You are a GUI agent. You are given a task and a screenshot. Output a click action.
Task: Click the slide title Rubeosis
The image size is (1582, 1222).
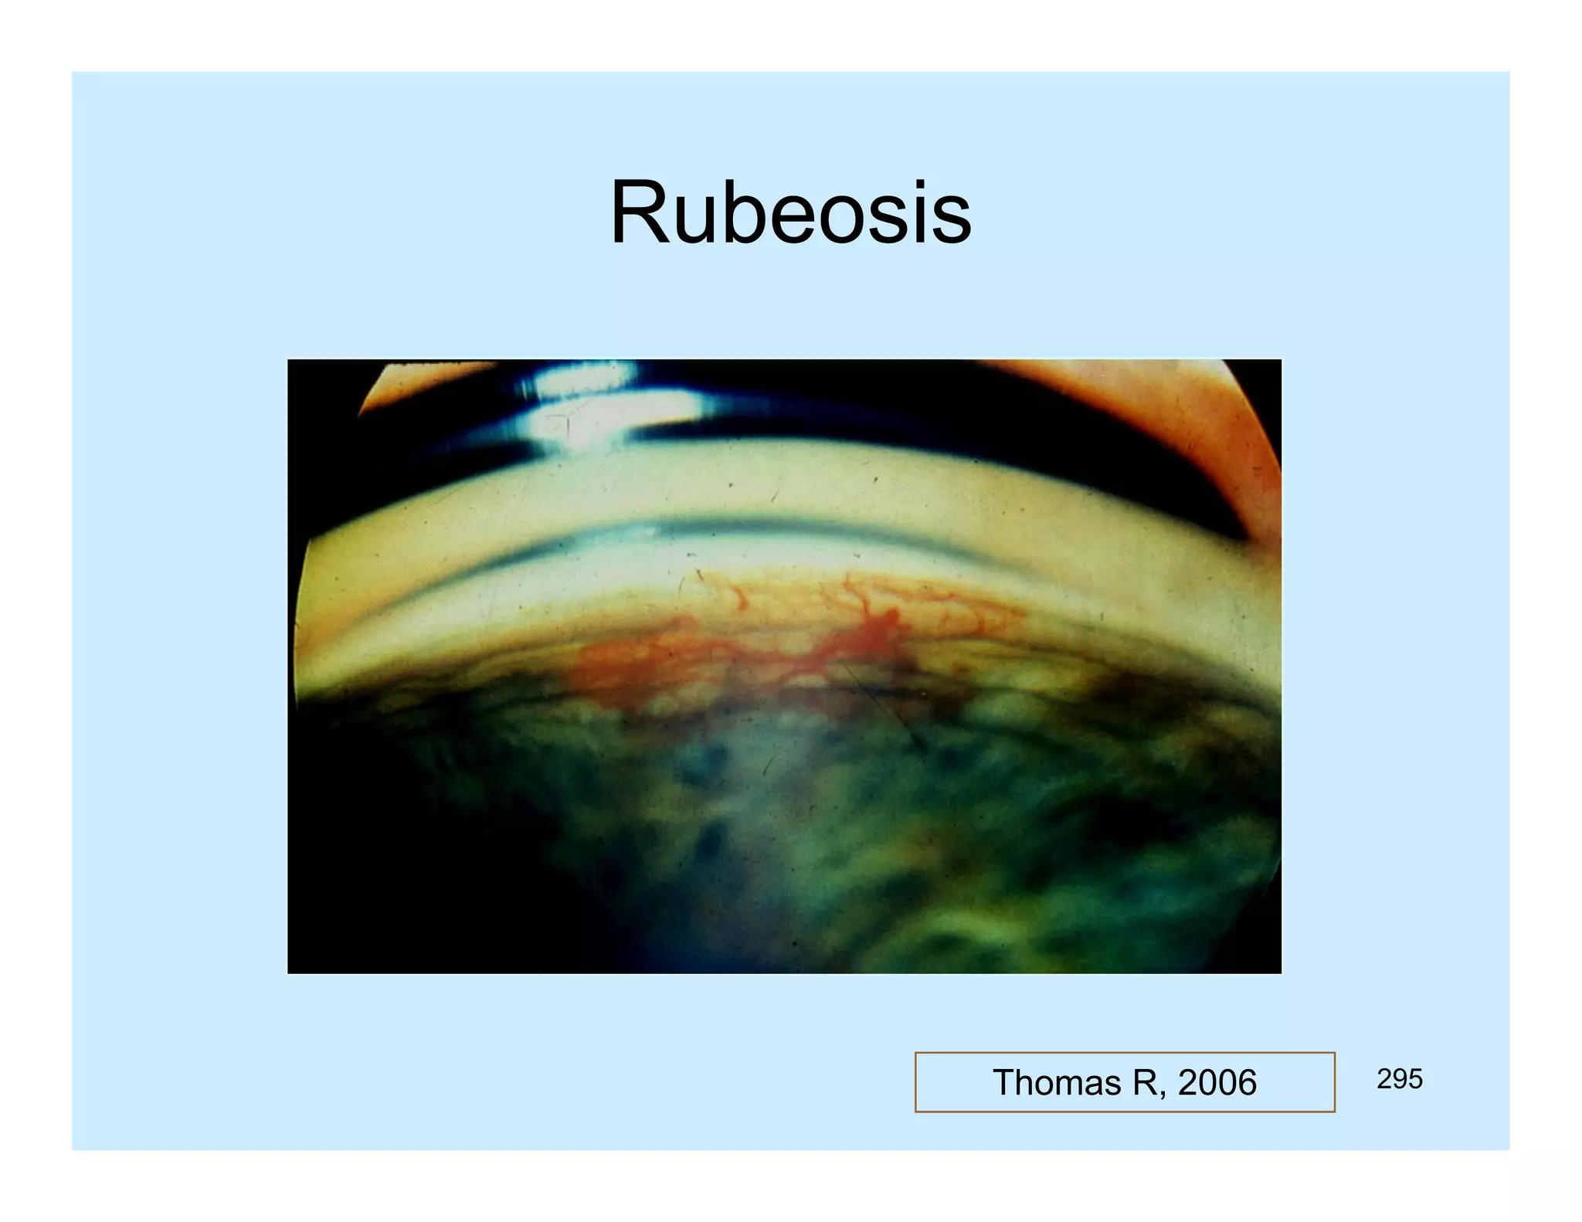pos(790,212)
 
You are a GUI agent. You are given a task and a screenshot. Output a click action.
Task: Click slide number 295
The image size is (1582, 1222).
pos(1399,1079)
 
